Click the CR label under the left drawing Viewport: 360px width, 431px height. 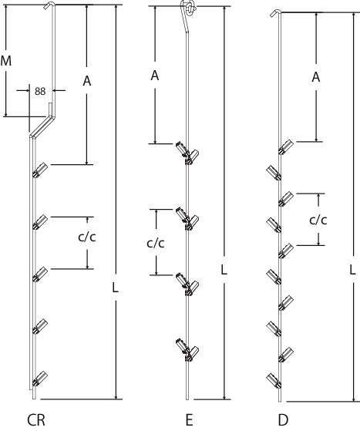(36, 420)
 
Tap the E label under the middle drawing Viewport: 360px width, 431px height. (189, 420)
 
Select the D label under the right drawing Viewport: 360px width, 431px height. (283, 420)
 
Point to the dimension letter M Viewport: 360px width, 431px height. (6, 61)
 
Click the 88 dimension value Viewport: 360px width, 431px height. (40, 91)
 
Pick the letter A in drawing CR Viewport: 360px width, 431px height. (87, 81)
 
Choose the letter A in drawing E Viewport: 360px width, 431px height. (155, 75)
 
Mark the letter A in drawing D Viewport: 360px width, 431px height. (316, 77)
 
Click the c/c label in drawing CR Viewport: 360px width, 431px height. (87, 237)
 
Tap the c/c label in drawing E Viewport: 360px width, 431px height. (156, 243)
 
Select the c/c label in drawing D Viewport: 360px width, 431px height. (318, 220)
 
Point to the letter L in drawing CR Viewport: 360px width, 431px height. (116, 288)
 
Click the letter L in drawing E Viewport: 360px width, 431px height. (224, 270)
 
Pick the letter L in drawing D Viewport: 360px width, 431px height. (352, 270)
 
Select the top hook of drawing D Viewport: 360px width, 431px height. (276, 12)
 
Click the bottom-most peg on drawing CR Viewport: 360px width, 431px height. (40, 379)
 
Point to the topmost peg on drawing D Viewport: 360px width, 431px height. (286, 146)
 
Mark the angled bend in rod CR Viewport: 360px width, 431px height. (43, 126)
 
